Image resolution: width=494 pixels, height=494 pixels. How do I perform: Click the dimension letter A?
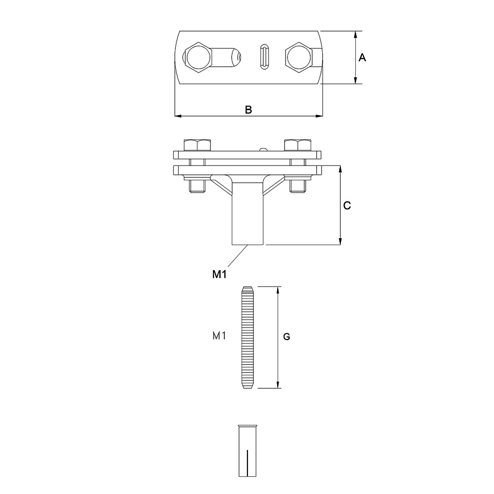tap(362, 58)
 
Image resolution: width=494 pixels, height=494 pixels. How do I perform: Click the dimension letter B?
tap(248, 110)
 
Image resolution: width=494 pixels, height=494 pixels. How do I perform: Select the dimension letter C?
tap(347, 206)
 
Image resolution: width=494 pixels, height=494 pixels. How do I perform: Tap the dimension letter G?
tap(287, 337)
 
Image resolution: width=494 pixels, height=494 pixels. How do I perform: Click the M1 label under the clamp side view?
tap(220, 274)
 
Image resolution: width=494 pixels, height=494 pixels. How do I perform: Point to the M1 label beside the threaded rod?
tap(219, 336)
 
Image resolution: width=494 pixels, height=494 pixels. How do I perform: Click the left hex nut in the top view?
tap(198, 58)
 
